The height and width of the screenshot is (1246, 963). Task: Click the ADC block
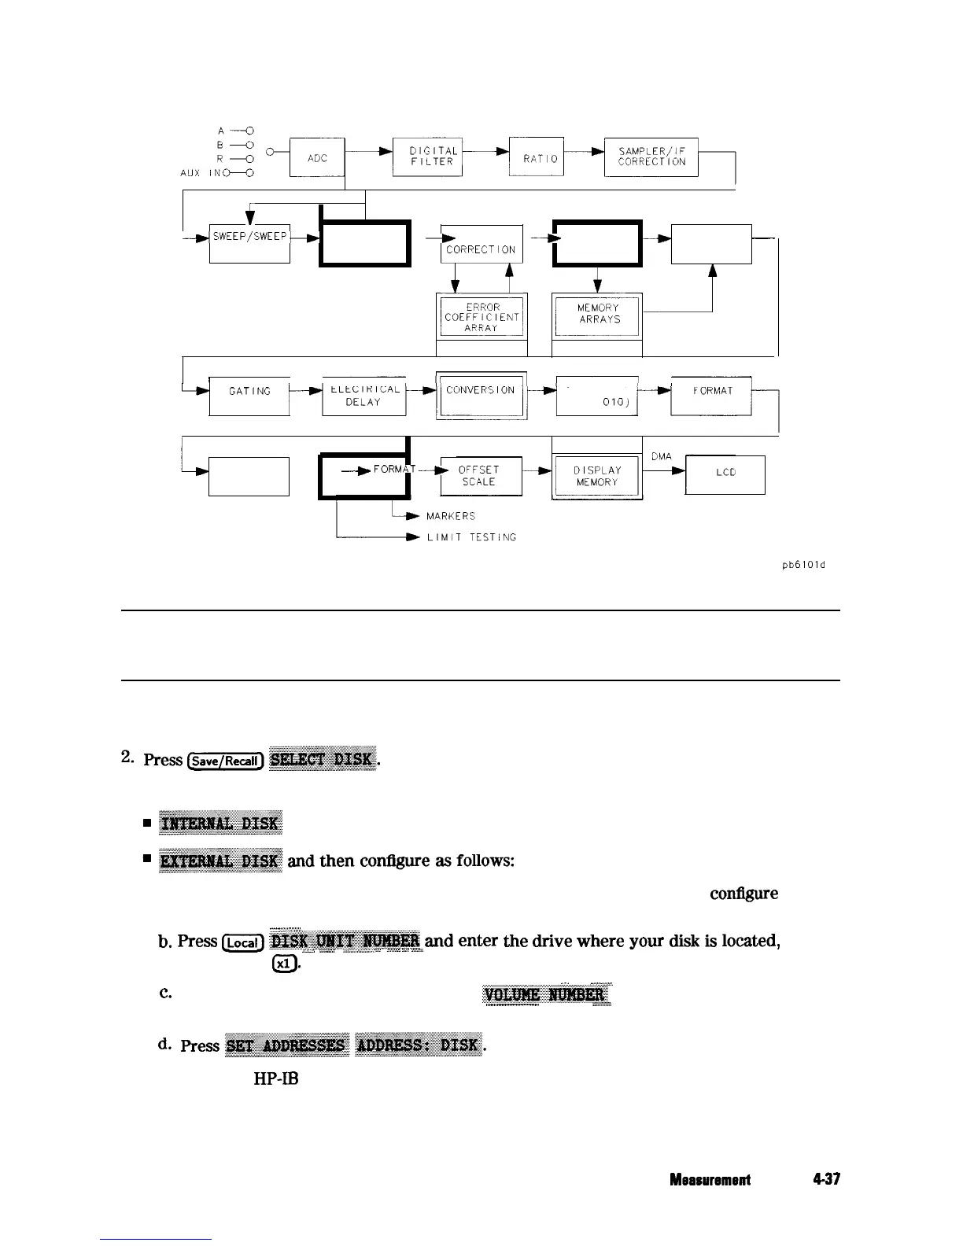318,157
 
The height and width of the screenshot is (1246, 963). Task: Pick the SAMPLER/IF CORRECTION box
651,157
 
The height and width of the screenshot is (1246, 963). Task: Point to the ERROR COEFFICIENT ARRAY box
481,317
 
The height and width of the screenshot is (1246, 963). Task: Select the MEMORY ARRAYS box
598,314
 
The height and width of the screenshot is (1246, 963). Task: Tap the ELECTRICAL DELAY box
363,395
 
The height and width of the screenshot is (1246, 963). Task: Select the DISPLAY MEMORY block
597,476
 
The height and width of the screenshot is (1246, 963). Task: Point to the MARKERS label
451,516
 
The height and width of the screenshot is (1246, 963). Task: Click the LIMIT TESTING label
471,537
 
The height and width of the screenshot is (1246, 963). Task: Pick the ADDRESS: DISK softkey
418,1044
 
